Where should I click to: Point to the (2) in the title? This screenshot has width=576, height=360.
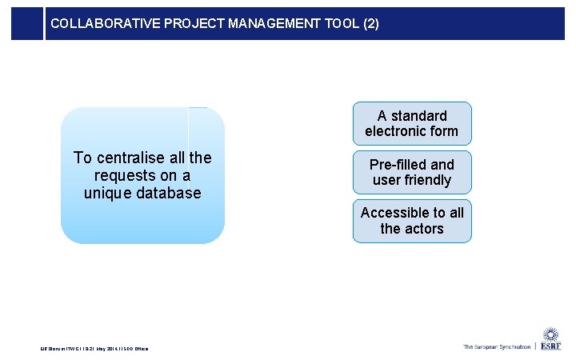371,24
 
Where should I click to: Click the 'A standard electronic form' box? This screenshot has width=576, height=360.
412,124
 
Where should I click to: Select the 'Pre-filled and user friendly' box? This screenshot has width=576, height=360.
412,173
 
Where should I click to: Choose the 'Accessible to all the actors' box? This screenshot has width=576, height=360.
412,221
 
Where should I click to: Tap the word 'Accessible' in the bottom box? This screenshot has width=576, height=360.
394,213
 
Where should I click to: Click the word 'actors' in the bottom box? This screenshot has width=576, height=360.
424,229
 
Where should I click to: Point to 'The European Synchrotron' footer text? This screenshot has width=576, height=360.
496,347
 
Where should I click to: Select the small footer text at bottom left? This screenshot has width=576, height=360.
94,347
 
